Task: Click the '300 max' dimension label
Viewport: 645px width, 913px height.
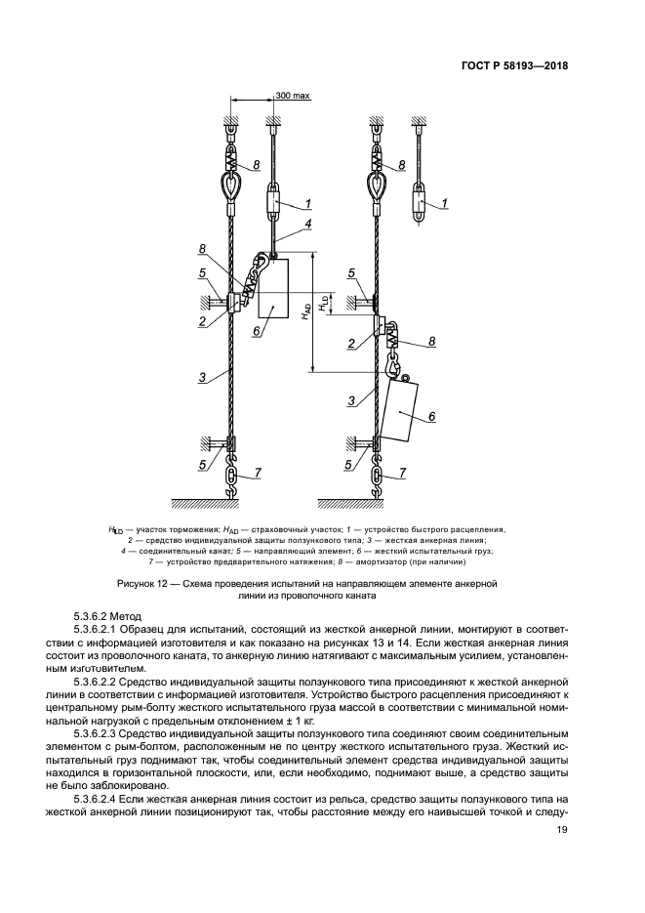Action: click(x=292, y=97)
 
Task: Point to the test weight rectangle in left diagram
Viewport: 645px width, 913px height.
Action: click(x=274, y=289)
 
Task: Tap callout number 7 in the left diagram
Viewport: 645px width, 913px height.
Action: click(x=258, y=474)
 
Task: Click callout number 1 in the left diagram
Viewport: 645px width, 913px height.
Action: click(x=307, y=203)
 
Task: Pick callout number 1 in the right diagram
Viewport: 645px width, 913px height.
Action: click(x=445, y=203)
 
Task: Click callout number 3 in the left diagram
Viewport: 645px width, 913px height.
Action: click(x=200, y=376)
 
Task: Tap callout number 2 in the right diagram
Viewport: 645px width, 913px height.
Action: click(x=351, y=343)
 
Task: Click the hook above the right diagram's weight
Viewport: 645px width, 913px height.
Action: click(x=393, y=368)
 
